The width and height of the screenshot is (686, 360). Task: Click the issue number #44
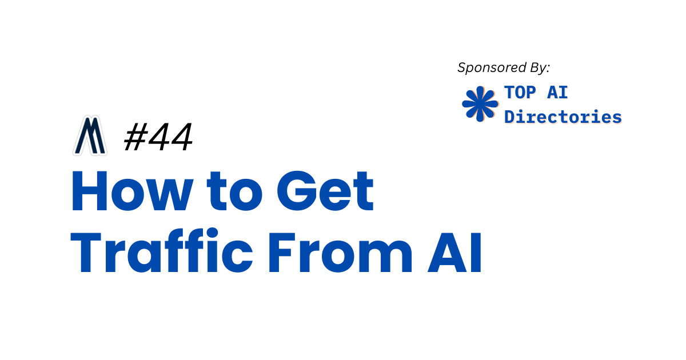click(x=158, y=138)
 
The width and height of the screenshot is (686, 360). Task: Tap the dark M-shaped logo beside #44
click(x=90, y=137)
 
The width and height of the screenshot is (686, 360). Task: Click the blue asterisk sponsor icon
click(x=479, y=103)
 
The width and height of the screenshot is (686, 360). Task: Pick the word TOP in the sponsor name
click(x=520, y=93)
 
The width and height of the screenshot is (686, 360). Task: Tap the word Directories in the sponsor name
click(x=563, y=117)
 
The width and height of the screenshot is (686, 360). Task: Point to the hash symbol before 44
click(x=134, y=138)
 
